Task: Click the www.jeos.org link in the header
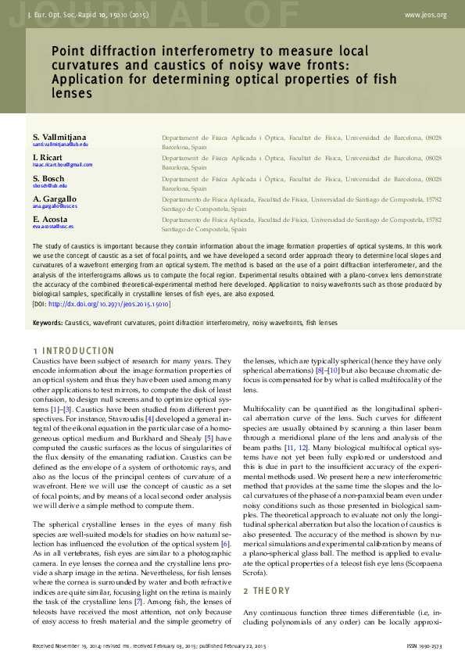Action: [x=426, y=15]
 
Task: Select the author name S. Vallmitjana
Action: [x=65, y=138]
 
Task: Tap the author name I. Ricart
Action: [x=48, y=158]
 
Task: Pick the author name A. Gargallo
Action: [x=55, y=199]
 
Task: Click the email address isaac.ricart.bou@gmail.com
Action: [x=63, y=166]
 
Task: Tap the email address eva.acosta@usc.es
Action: [x=53, y=227]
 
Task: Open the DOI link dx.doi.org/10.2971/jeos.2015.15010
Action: [x=109, y=303]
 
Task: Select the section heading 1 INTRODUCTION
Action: [x=73, y=351]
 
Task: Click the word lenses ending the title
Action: [x=72, y=93]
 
